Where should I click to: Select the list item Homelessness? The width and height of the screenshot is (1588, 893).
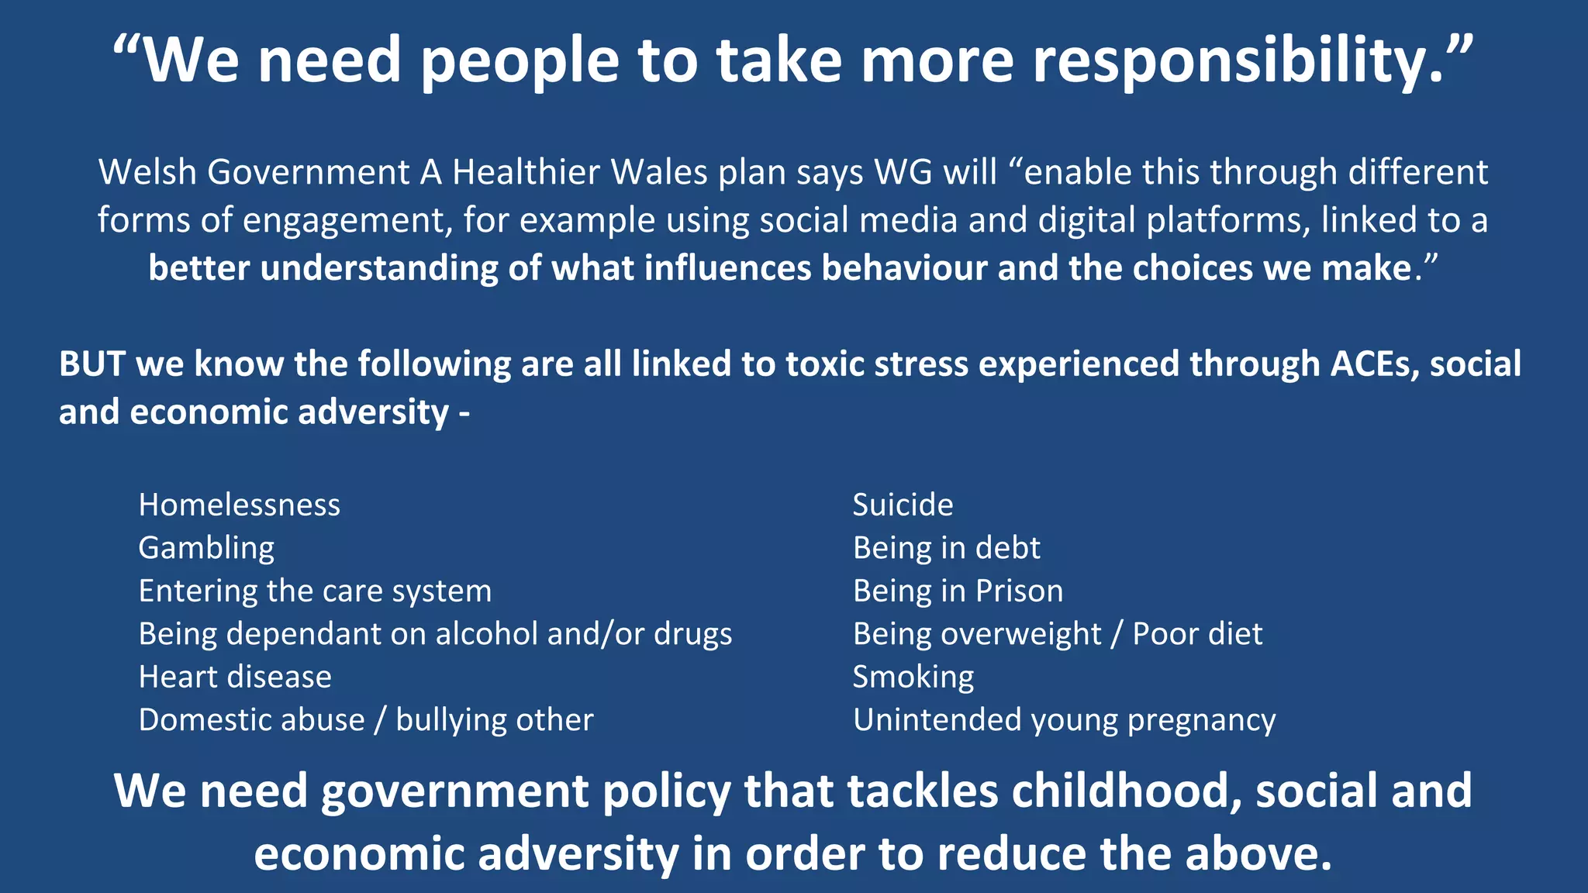(x=239, y=505)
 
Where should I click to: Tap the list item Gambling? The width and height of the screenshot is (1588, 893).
(x=206, y=548)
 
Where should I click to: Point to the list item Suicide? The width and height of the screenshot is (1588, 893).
(x=903, y=505)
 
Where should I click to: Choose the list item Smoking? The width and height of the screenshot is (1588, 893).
(x=913, y=678)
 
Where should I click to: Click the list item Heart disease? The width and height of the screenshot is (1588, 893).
(x=235, y=678)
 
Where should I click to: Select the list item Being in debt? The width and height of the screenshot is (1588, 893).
(x=946, y=548)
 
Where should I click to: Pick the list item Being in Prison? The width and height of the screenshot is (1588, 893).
(x=958, y=591)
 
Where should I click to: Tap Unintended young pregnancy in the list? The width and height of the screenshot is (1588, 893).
(x=1064, y=720)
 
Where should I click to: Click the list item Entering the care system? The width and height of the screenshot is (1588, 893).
(x=315, y=591)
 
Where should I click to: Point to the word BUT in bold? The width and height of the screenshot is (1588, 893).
(x=91, y=364)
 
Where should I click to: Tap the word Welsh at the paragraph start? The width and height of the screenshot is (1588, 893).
(x=147, y=173)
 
